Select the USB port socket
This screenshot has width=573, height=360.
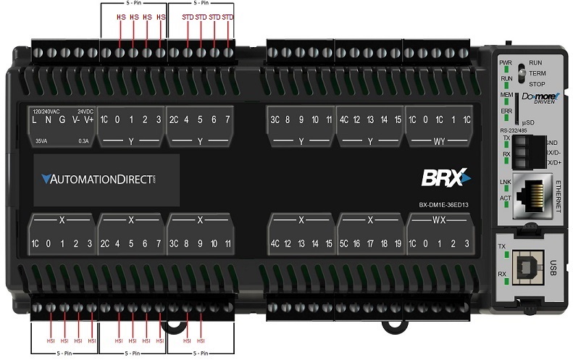527,268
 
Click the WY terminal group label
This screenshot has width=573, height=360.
439,141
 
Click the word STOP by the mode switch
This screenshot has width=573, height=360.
537,84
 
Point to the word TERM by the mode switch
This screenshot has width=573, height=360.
537,73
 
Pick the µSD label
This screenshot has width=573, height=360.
528,122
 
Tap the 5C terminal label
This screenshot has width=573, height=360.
345,243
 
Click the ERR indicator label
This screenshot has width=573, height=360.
506,111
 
